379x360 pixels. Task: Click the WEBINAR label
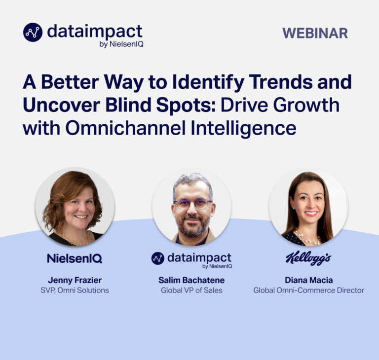point(315,33)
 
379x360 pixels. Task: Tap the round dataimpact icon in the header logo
point(33,32)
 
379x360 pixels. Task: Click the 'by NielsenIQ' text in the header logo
point(121,44)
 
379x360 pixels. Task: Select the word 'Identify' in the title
point(208,83)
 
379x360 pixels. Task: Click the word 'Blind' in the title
point(128,106)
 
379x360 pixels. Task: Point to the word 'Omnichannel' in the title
point(125,128)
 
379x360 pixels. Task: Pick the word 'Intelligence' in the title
point(243,129)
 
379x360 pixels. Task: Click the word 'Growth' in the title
point(306,106)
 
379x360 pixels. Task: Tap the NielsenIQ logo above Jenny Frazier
point(75,258)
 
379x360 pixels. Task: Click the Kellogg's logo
point(308,258)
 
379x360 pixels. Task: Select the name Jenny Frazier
point(75,280)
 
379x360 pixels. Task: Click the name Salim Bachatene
point(191,280)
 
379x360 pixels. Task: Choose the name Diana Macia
point(308,280)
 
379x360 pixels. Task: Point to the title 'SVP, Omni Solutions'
point(75,290)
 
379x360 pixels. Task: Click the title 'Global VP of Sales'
point(191,290)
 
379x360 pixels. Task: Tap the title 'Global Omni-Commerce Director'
point(308,290)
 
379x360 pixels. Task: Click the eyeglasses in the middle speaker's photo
point(192,204)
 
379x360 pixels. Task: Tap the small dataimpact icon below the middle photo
point(157,258)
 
